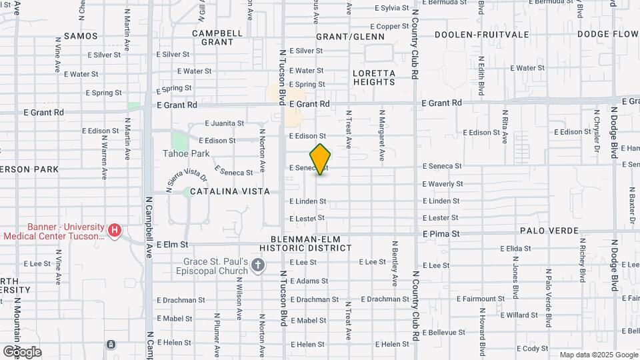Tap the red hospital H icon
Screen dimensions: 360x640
[x=115, y=231]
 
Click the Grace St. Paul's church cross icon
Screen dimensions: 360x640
[x=258, y=267]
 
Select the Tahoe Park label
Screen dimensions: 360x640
[x=187, y=153]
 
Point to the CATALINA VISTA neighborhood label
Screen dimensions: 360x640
[x=230, y=191]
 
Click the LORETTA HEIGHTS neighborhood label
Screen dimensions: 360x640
[x=374, y=77]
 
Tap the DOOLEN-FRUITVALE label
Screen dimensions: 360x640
[x=481, y=34]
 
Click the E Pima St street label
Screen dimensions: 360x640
[x=441, y=234]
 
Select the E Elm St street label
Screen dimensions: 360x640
[x=172, y=245]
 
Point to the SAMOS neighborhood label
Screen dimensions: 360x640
[x=81, y=36]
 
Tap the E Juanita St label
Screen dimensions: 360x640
[x=225, y=123]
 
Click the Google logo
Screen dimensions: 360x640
[x=22, y=351]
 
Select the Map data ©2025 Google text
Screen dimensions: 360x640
[x=598, y=355]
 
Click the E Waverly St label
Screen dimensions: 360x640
[x=443, y=183]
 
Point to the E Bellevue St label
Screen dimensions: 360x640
[x=443, y=331]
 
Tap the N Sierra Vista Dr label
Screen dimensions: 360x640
[x=187, y=181]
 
